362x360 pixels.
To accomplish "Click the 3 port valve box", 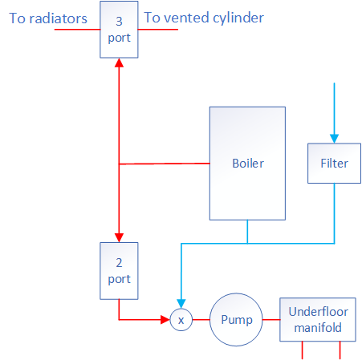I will pos(119,29).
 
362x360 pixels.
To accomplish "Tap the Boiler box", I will pos(247,163).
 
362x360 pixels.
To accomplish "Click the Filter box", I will pos(334,163).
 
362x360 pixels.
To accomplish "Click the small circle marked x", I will pos(181,320).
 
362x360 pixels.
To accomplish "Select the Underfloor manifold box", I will pos(317,320).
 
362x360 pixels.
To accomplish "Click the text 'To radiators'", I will pos(48,18).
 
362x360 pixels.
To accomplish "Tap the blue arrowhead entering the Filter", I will pos(334,139).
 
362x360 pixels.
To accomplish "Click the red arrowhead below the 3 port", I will pos(119,63).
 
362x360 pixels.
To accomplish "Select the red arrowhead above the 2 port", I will pos(119,237).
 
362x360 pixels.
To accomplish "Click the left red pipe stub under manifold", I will pos(302,350).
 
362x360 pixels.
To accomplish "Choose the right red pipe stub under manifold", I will pos(341,350).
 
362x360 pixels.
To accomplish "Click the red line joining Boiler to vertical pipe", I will pos(164,164).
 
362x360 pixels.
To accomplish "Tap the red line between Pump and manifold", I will pos(271,320).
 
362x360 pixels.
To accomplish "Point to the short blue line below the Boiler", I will pos(247,231).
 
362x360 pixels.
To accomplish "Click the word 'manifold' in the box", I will pos(317,328).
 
